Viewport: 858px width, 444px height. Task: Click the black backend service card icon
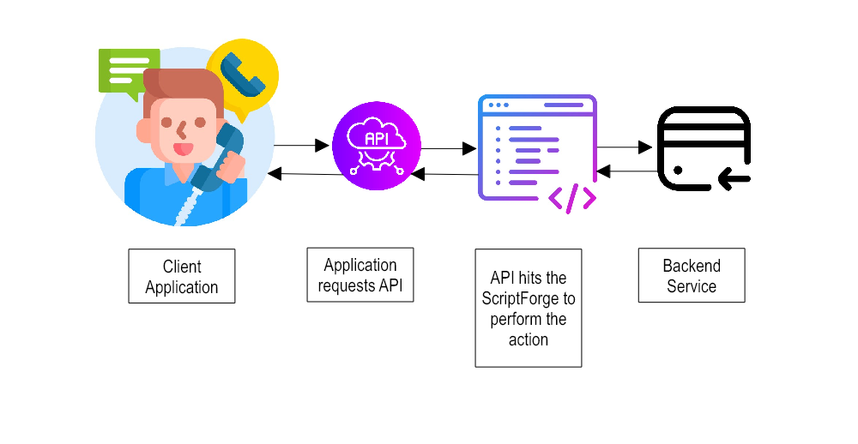point(704,148)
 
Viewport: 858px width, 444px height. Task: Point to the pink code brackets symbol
point(571,198)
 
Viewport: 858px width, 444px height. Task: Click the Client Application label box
point(182,276)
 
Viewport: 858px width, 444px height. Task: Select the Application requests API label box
point(360,275)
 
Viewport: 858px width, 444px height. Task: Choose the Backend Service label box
point(692,275)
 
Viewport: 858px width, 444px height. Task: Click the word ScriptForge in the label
point(529,299)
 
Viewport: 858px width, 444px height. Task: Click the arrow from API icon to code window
point(449,148)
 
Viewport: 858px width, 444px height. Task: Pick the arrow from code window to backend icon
point(625,147)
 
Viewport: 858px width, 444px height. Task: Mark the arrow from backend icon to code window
point(625,171)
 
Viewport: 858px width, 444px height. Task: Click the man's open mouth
point(184,148)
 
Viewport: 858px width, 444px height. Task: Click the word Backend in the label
point(692,266)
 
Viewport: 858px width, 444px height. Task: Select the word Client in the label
point(182,267)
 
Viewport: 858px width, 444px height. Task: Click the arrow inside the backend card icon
point(734,179)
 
